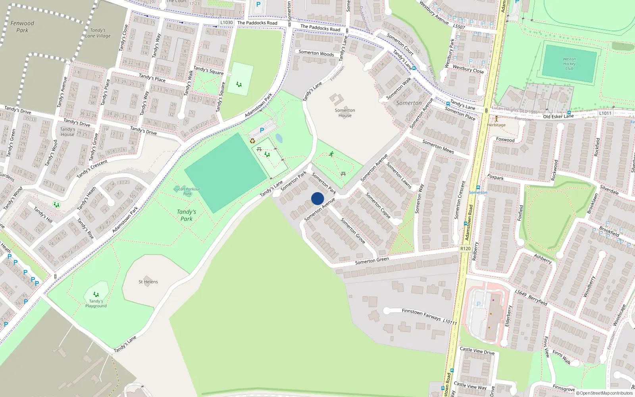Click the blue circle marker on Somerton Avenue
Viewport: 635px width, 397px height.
(x=317, y=198)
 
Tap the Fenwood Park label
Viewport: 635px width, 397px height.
(x=22, y=27)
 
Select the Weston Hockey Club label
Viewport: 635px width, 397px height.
(x=569, y=64)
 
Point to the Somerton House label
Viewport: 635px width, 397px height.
(x=345, y=113)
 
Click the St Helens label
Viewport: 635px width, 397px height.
(x=148, y=282)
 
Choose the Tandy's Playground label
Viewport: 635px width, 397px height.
(x=96, y=303)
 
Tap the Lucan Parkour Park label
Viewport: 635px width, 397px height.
(x=187, y=191)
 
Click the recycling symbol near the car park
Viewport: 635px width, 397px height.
(x=252, y=141)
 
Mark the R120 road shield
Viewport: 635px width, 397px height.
(x=466, y=249)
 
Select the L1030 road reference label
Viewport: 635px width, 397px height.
(x=226, y=23)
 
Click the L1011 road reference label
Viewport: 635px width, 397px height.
(x=605, y=113)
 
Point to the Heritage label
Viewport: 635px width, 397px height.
(x=496, y=125)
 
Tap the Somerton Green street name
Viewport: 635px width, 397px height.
(x=372, y=260)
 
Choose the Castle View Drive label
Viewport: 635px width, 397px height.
(x=477, y=351)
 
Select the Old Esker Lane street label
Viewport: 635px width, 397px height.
(x=558, y=116)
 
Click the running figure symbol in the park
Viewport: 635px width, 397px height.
(x=331, y=154)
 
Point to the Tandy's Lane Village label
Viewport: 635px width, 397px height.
(x=98, y=33)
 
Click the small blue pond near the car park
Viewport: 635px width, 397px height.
(x=279, y=139)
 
